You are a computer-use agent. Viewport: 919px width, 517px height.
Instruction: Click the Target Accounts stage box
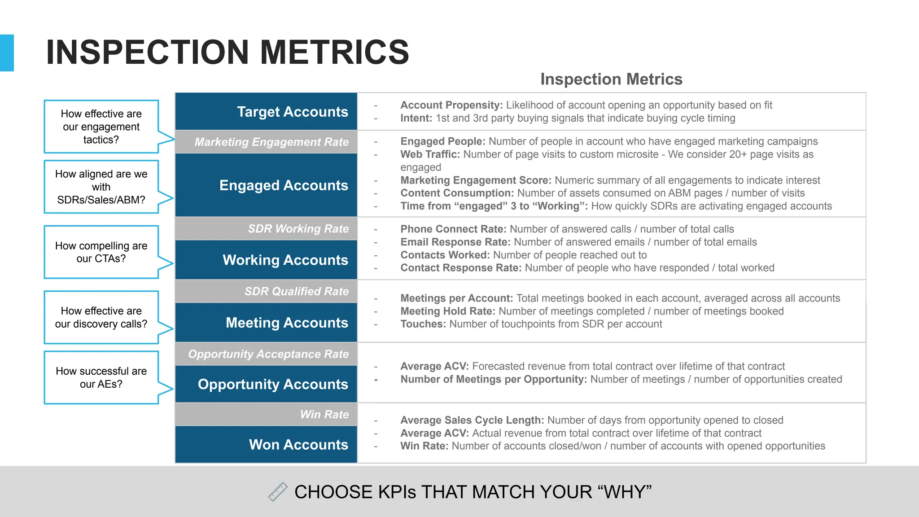pyautogui.click(x=266, y=111)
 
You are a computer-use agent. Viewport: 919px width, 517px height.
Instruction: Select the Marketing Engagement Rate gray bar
pyautogui.click(x=266, y=142)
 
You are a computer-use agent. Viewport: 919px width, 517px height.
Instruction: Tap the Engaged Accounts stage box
pyautogui.click(x=266, y=185)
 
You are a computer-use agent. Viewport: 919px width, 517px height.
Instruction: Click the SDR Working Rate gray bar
pyautogui.click(x=266, y=228)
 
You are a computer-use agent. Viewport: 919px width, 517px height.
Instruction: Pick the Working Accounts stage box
pyautogui.click(x=266, y=260)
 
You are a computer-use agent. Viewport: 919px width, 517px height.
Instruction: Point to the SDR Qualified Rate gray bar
pyautogui.click(x=266, y=291)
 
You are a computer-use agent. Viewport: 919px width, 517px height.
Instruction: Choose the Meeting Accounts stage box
pyautogui.click(x=266, y=323)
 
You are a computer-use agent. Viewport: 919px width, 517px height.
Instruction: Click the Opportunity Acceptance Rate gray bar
pyautogui.click(x=266, y=354)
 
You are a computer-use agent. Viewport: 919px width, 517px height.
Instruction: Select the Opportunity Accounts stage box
pyautogui.click(x=266, y=384)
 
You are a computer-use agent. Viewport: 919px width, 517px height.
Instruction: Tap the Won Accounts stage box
pyautogui.click(x=266, y=444)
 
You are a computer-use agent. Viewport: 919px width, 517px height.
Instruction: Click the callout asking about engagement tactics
pyautogui.click(x=101, y=127)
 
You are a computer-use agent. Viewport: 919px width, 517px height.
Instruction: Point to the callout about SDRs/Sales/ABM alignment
pyautogui.click(x=101, y=187)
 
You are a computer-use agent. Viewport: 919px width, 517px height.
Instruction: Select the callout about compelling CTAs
pyautogui.click(x=101, y=252)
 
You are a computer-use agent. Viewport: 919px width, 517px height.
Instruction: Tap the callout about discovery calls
pyautogui.click(x=101, y=317)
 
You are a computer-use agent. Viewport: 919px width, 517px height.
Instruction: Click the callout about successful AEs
pyautogui.click(x=101, y=377)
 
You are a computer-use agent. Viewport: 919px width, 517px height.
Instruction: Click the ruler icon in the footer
pyautogui.click(x=278, y=492)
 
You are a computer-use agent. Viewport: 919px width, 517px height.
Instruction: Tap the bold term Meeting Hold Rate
pyautogui.click(x=447, y=311)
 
